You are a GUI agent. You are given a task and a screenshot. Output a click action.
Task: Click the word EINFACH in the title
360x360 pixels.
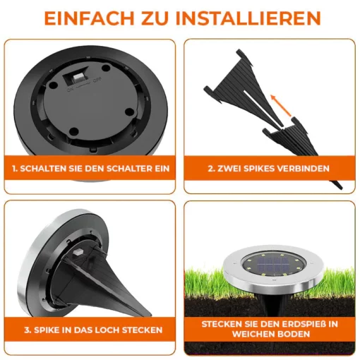point(89,18)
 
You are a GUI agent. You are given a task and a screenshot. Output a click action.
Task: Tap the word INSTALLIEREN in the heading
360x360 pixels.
point(248,18)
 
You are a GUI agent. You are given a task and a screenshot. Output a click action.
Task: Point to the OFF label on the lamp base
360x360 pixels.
point(97,80)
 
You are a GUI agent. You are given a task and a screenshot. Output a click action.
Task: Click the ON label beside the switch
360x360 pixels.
point(70,90)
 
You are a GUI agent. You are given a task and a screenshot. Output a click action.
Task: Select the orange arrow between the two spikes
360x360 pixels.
point(280,105)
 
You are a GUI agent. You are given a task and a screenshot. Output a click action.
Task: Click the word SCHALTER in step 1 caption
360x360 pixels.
point(126,169)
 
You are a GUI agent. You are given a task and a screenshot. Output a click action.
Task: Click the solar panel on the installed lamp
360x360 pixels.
point(273,264)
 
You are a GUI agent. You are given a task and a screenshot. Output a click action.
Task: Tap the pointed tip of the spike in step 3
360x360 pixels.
point(150,315)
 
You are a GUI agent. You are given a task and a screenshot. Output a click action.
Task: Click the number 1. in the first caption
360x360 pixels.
point(15,169)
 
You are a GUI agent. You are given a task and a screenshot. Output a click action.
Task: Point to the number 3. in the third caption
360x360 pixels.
point(28,330)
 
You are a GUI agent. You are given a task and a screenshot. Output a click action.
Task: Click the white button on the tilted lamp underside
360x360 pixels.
point(77,253)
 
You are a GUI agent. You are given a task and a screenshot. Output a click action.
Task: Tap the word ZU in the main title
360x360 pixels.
point(155,18)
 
